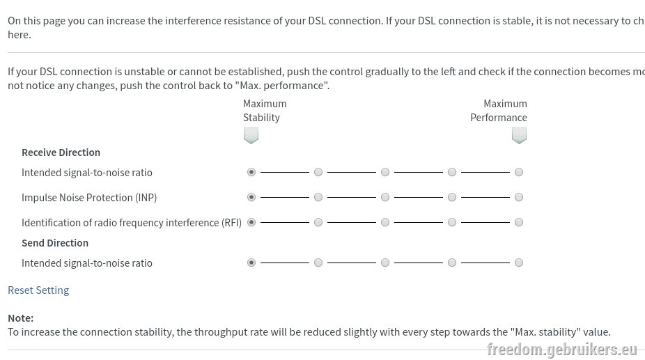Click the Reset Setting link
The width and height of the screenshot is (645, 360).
(x=38, y=290)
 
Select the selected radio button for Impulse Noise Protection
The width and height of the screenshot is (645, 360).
(x=251, y=197)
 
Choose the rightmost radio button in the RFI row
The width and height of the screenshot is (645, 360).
(x=519, y=222)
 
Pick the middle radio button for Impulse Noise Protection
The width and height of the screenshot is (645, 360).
(x=385, y=197)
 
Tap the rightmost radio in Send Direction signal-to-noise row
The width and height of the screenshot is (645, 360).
(x=519, y=263)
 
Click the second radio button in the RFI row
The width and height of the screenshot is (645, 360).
(x=318, y=222)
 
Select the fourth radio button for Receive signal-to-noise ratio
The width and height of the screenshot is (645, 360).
(x=452, y=172)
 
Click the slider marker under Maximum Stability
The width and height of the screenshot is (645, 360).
(x=251, y=135)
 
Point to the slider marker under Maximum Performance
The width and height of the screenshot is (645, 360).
(x=519, y=135)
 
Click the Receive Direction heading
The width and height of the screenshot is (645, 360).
(x=61, y=152)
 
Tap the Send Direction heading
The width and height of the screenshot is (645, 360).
(x=55, y=243)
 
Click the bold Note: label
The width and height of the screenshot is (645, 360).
(x=21, y=318)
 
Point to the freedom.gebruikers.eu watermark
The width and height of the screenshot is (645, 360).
(x=562, y=350)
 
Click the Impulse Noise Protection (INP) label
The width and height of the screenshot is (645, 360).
(x=89, y=198)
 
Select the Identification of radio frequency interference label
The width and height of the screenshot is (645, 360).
(x=132, y=223)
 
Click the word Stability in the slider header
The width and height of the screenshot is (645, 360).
(x=261, y=118)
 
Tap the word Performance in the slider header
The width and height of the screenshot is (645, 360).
(x=499, y=118)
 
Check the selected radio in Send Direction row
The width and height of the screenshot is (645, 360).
(x=251, y=263)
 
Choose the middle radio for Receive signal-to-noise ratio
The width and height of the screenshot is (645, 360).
(x=385, y=172)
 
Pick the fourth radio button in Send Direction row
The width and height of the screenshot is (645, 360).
(x=452, y=263)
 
